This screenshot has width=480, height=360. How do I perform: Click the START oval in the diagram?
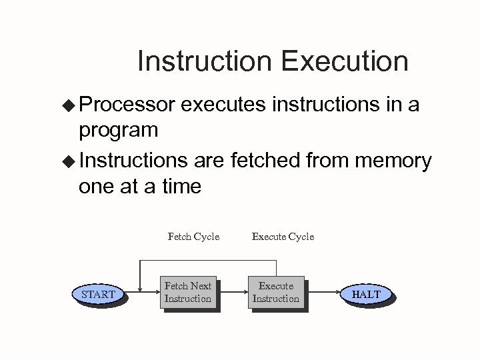(x=98, y=294)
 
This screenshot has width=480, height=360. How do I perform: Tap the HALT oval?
(x=366, y=294)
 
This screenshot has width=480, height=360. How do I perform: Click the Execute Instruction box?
(x=275, y=292)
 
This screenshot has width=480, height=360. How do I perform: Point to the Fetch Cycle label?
(x=193, y=236)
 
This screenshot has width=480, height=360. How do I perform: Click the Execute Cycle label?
(x=283, y=236)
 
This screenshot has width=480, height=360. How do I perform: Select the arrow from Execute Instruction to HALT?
(x=323, y=292)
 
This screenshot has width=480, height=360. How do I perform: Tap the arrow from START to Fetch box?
(x=143, y=292)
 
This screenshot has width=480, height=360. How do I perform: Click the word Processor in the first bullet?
(x=127, y=105)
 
